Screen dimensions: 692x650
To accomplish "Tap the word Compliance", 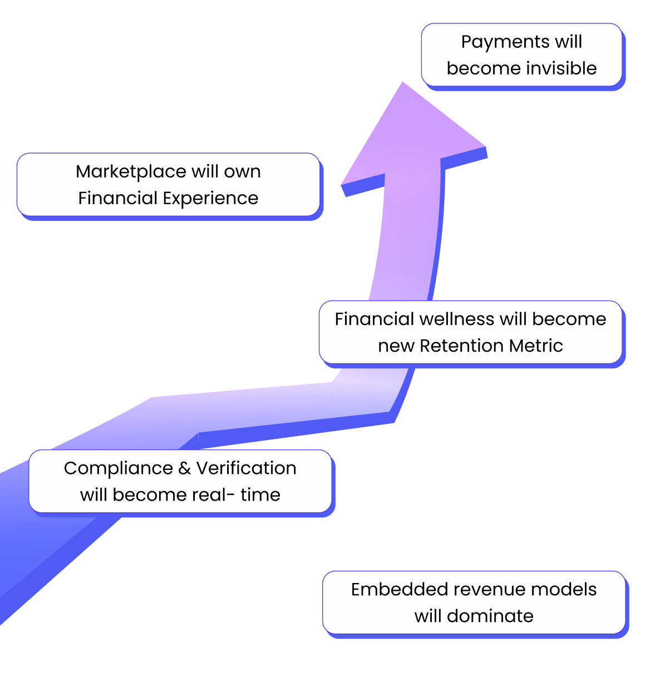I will [119, 469].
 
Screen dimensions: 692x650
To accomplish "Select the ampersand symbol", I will [185, 469].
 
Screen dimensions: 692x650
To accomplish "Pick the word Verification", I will [247, 468].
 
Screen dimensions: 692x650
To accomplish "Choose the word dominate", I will [490, 616].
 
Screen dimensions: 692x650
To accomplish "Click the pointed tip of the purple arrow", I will [402, 83].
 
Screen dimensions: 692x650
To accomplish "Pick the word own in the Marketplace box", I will [242, 172].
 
